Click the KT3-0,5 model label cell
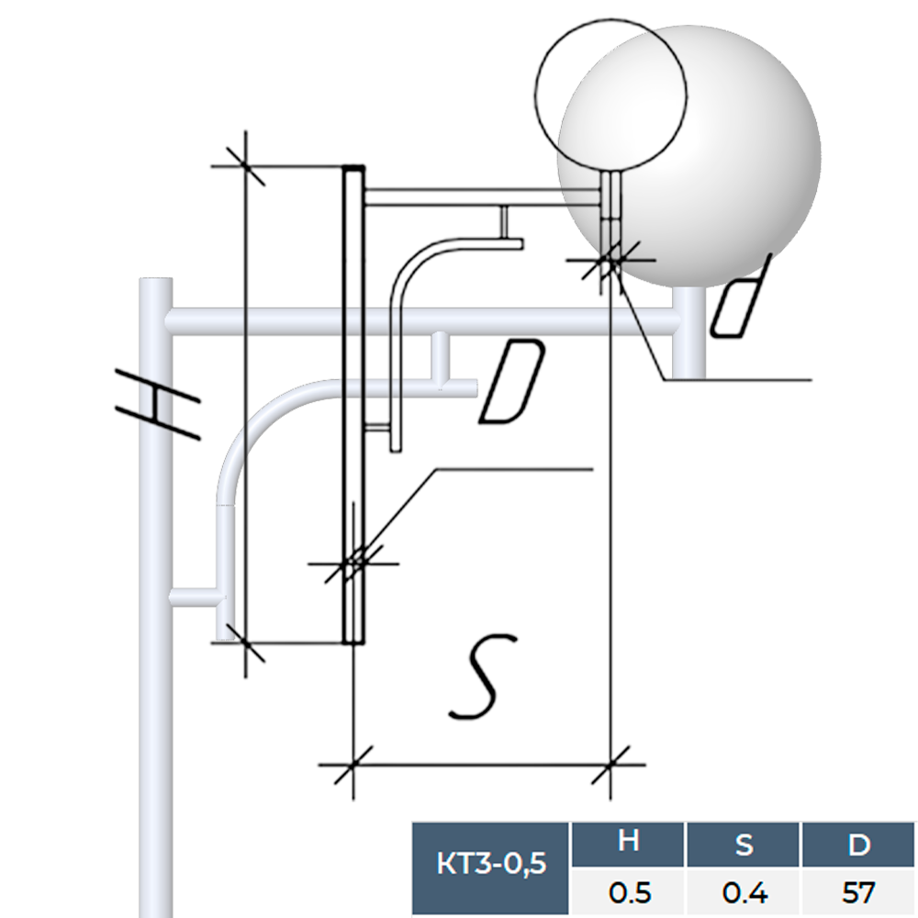point(491,863)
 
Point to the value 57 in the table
point(859,891)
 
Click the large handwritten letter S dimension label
point(484,676)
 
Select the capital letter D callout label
point(512,383)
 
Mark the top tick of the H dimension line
point(245,166)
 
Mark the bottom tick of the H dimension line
point(245,643)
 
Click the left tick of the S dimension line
point(353,764)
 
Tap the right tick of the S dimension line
point(610,764)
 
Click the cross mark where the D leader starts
point(354,561)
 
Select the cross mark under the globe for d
point(610,262)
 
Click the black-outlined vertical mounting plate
point(354,404)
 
